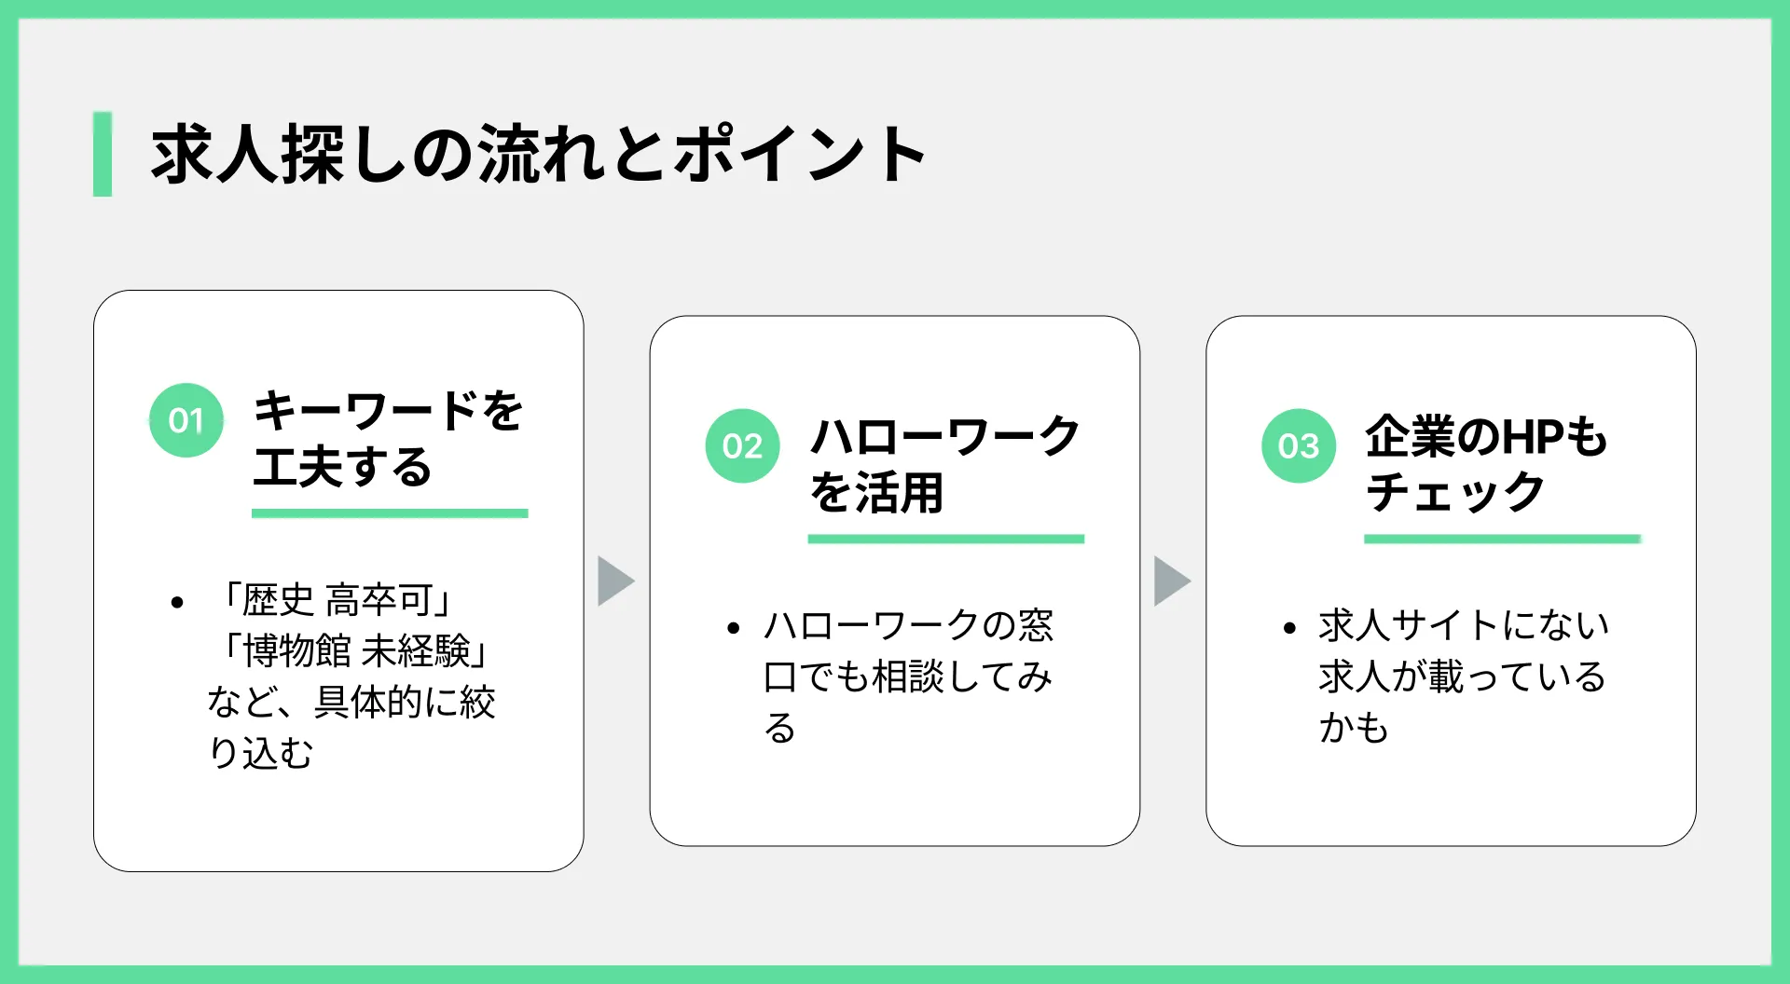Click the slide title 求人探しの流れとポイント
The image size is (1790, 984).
pos(538,154)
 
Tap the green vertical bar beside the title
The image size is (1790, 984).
pos(103,154)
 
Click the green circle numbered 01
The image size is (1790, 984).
pos(186,420)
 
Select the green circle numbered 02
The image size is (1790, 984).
pos(742,446)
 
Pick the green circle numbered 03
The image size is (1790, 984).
pos(1299,446)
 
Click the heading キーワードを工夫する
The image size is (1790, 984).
pos(389,438)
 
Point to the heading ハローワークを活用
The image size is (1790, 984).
pos(945,464)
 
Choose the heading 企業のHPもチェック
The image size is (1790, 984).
pos(1487,464)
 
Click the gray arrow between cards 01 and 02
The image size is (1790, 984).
pos(616,581)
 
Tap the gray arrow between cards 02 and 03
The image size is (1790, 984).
pos(1173,581)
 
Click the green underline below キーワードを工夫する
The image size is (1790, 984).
pos(390,513)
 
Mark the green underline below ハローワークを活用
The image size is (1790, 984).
pos(946,540)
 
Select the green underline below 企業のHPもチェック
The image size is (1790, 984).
pos(1502,540)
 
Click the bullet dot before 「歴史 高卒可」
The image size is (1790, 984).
pos(177,603)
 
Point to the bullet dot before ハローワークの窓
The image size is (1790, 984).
pos(734,629)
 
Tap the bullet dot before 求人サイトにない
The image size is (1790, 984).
pos(1289,629)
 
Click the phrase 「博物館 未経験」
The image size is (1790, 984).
pos(351,650)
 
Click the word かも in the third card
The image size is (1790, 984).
pos(1354,727)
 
